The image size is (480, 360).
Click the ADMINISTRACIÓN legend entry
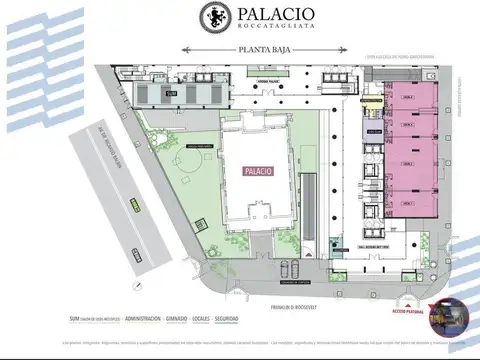coord(150,319)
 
